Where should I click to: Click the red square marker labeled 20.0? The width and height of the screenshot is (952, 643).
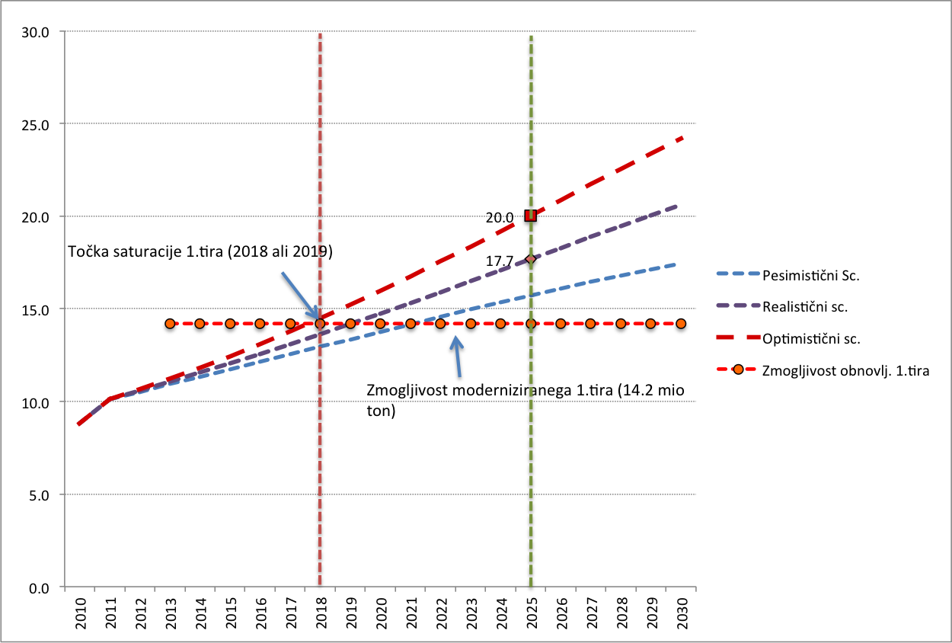pyautogui.click(x=531, y=216)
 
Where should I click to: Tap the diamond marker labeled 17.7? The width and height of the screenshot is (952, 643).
pyautogui.click(x=531, y=259)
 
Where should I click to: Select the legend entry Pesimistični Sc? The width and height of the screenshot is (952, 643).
pyautogui.click(x=811, y=276)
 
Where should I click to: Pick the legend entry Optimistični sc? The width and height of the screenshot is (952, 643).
pyautogui.click(x=812, y=339)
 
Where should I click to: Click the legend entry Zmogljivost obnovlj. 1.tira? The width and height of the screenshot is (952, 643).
pyautogui.click(x=845, y=371)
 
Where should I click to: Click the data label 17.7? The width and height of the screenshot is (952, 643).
pyautogui.click(x=500, y=261)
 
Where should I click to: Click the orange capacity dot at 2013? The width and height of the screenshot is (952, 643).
pyautogui.click(x=170, y=324)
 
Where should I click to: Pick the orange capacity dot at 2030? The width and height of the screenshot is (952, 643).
pyautogui.click(x=681, y=324)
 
